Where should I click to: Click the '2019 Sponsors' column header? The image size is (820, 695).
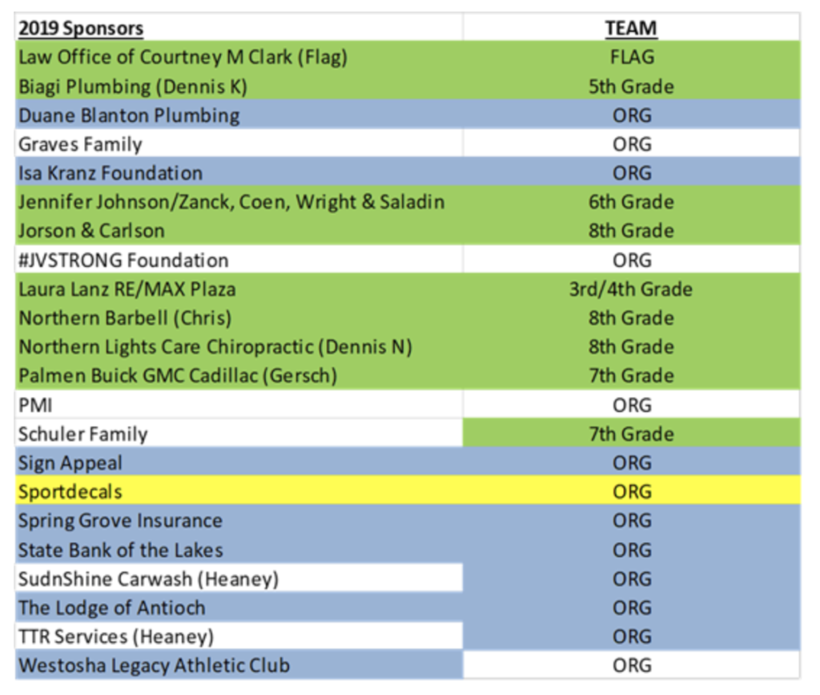tap(81, 28)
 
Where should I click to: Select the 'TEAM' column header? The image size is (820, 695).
tap(631, 28)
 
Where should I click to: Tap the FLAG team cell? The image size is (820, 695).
tap(632, 57)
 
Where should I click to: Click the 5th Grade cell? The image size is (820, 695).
tap(631, 87)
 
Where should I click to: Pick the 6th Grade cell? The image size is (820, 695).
tap(631, 202)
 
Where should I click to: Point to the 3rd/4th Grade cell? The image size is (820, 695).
tap(631, 289)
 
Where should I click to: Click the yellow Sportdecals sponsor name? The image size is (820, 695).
tap(70, 492)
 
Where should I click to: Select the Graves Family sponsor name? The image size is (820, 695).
tap(80, 144)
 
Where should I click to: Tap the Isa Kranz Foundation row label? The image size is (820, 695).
tap(111, 173)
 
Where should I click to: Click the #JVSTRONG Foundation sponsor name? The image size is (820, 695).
tap(123, 260)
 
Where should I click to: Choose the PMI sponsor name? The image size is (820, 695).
tap(35, 405)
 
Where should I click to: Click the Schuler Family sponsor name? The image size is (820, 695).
tap(83, 434)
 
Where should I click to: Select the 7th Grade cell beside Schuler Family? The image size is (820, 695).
tap(631, 434)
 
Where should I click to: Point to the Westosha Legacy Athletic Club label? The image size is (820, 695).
tap(155, 665)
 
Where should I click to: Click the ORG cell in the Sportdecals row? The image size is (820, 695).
tap(632, 492)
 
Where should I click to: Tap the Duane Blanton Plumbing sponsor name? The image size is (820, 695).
tap(129, 115)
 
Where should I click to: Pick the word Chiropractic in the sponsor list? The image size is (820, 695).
tap(260, 347)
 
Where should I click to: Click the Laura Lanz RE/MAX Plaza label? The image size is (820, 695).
tap(127, 289)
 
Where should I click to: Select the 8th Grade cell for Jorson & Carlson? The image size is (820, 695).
tap(631, 231)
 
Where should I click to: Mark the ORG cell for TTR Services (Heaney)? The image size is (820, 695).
tap(632, 637)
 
